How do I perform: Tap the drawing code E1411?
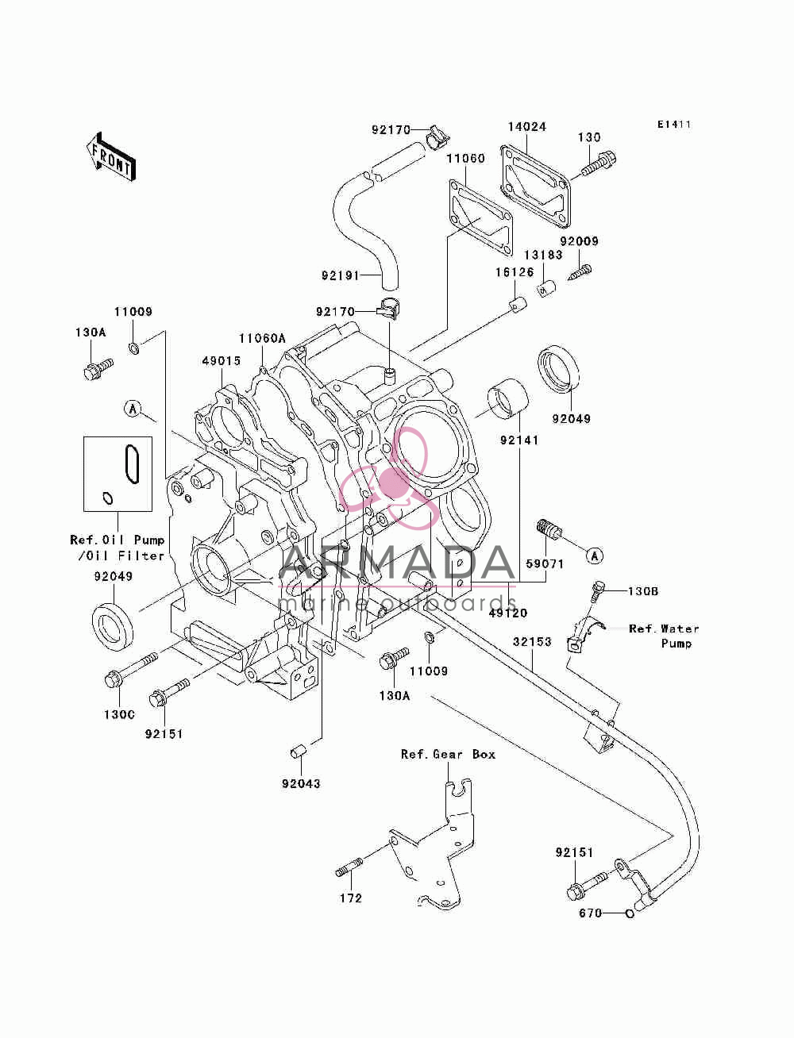click(x=673, y=125)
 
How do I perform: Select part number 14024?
click(x=527, y=127)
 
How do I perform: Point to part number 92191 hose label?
click(x=341, y=275)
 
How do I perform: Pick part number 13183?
click(x=543, y=255)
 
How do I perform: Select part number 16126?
click(x=515, y=272)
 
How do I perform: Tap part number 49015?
click(x=222, y=361)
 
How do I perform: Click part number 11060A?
click(x=262, y=338)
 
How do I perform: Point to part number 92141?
click(x=519, y=440)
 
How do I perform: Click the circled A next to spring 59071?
click(x=595, y=556)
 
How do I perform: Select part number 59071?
click(x=545, y=563)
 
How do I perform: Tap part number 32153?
click(x=532, y=642)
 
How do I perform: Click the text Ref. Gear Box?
click(x=448, y=754)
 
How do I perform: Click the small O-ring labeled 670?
click(x=630, y=913)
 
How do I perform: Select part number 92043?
click(x=302, y=783)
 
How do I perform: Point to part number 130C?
click(x=120, y=714)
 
